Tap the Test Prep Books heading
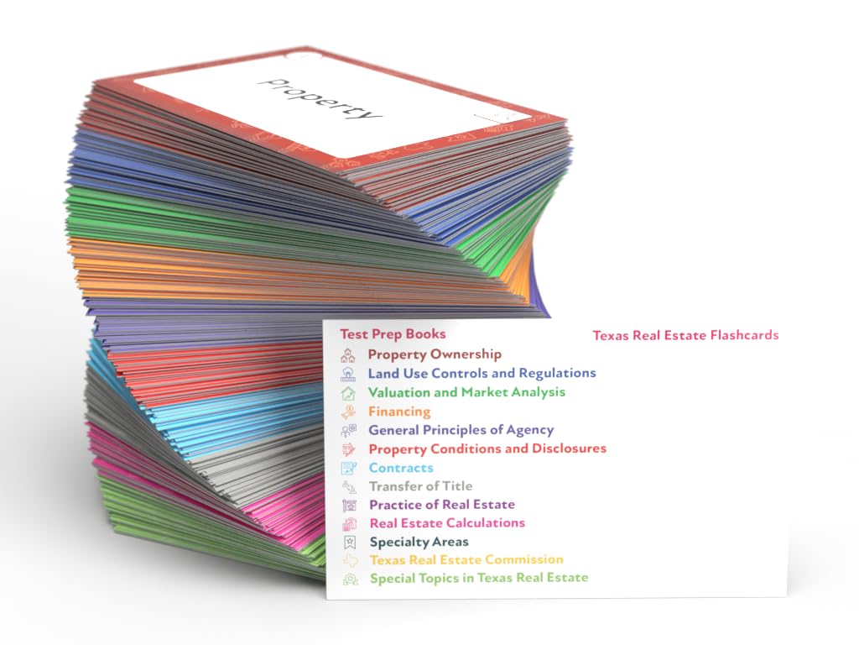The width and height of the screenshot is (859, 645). click(393, 334)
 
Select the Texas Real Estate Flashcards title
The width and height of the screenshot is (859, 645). click(685, 335)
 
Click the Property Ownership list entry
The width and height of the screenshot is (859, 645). click(435, 354)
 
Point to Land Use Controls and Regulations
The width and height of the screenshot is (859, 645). click(482, 373)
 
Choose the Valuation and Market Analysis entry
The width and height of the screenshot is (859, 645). click(466, 392)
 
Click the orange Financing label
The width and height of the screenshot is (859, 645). click(399, 412)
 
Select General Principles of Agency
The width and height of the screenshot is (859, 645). click(461, 430)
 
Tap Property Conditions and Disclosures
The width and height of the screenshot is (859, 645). click(487, 448)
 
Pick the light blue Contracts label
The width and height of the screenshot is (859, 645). click(401, 468)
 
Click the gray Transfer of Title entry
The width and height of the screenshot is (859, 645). click(420, 486)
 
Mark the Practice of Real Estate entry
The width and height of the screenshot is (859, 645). click(441, 505)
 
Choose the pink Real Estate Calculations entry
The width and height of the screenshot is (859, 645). click(446, 522)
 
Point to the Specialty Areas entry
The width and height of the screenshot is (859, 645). click(419, 542)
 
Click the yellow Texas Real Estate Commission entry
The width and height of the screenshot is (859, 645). click(466, 559)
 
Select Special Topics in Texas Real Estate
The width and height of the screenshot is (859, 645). click(478, 578)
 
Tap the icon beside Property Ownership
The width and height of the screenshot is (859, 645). click(348, 355)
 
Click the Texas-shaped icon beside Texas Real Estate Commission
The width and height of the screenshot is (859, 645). click(349, 560)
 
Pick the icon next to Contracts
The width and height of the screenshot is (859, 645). click(349, 468)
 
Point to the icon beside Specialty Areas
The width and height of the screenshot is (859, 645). click(349, 542)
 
